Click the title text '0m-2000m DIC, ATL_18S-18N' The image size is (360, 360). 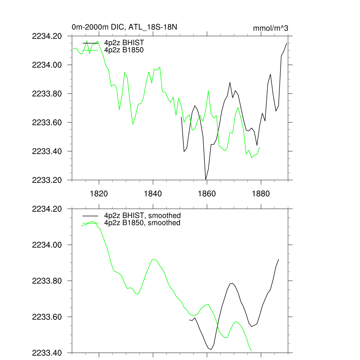(127, 27)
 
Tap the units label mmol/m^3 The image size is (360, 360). (270, 28)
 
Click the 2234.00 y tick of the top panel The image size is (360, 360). (47, 65)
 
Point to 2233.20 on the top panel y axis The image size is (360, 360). (47, 180)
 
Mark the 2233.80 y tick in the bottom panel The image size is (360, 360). (47, 281)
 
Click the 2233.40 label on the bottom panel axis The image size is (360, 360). (47, 353)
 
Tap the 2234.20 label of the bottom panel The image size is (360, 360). (47, 209)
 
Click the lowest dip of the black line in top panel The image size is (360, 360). (206, 179)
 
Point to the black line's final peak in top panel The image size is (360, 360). (287, 43)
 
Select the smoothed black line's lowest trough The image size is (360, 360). (211, 349)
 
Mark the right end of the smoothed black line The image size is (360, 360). (278, 259)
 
